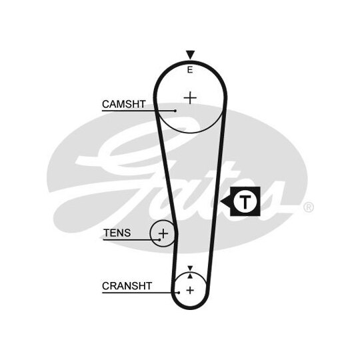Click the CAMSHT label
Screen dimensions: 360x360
[x=124, y=104]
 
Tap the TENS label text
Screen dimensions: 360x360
[x=117, y=233]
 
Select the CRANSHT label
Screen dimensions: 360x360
[x=127, y=286]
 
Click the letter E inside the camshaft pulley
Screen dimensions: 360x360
[x=190, y=69]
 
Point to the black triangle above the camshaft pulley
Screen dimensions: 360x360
[x=190, y=55]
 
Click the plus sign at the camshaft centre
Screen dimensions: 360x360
[x=190, y=98]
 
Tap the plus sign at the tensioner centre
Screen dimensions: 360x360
[x=163, y=234]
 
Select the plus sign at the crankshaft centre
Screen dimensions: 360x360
[x=190, y=291]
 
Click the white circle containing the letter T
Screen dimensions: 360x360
[x=245, y=201]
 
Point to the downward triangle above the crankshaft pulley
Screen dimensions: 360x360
[x=190, y=268]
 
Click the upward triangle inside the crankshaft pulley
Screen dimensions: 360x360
[x=190, y=276]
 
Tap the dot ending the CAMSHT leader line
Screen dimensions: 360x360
[x=175, y=111]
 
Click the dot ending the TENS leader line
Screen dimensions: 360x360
[x=159, y=240]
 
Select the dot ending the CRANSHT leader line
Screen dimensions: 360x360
[x=179, y=293]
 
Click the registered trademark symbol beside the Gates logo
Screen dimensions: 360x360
[x=309, y=207]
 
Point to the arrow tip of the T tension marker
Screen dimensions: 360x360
[x=221, y=201]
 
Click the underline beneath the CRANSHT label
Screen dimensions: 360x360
[x=140, y=293]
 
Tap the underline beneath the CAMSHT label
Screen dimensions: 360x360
[x=139, y=111]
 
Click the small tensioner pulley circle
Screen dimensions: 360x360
[x=151, y=234]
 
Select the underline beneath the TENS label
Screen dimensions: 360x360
[x=131, y=240]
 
